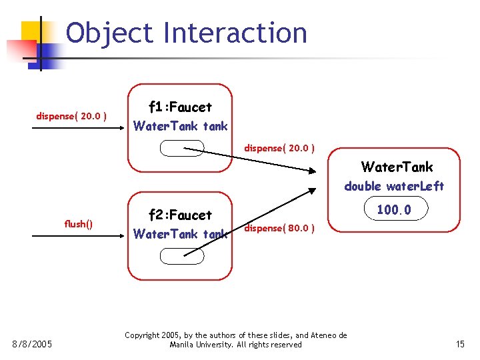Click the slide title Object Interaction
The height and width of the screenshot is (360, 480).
(x=187, y=33)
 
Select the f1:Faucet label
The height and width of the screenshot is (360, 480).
(x=180, y=107)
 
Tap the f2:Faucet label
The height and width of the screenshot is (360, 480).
(x=180, y=215)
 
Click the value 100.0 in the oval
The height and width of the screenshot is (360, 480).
(x=394, y=210)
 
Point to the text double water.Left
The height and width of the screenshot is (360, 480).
(x=394, y=186)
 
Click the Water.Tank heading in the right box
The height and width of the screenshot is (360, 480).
(x=397, y=167)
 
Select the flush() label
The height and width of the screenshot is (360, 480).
(x=78, y=224)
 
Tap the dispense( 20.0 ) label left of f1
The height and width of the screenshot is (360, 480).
(x=71, y=117)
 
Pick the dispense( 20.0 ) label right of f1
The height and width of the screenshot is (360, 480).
(x=279, y=147)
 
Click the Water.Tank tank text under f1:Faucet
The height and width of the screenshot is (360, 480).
(x=180, y=126)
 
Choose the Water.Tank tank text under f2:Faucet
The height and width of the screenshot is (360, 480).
(x=180, y=234)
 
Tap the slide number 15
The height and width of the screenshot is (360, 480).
(x=460, y=344)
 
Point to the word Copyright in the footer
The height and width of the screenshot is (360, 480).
(x=143, y=335)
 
